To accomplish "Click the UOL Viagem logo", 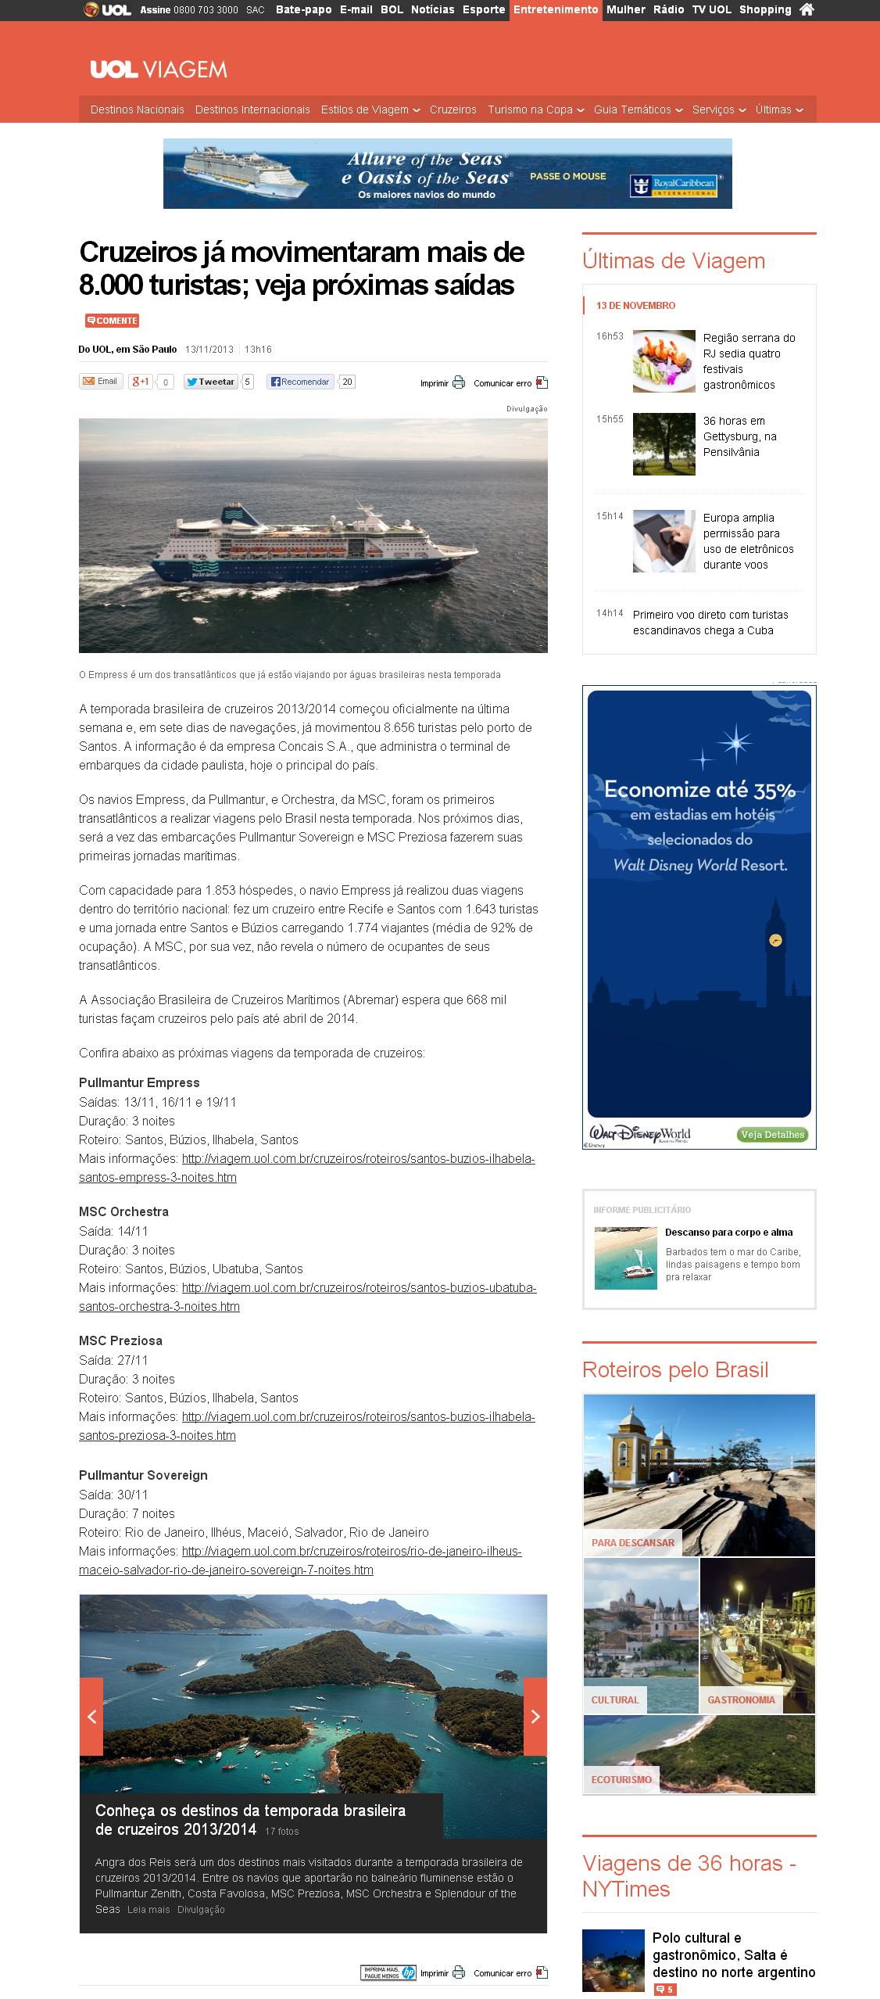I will pyautogui.click(x=159, y=70).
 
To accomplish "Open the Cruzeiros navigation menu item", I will pyautogui.click(x=453, y=109).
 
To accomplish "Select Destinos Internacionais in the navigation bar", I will pyautogui.click(x=252, y=109).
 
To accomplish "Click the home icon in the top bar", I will pyautogui.click(x=807, y=9).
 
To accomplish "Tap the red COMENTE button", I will pyautogui.click(x=113, y=321).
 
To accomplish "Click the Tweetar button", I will pyautogui.click(x=211, y=382).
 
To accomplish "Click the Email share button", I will pyautogui.click(x=100, y=382).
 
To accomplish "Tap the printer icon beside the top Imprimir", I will pyautogui.click(x=459, y=382).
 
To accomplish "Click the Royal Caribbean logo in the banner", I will pyautogui.click(x=674, y=185).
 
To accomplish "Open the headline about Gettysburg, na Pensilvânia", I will pyautogui.click(x=739, y=436).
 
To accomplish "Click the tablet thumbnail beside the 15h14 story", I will pyautogui.click(x=664, y=541).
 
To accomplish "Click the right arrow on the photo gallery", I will pyautogui.click(x=535, y=1717).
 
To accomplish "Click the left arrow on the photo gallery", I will pyautogui.click(x=91, y=1717).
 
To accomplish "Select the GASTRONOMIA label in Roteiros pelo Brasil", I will pyautogui.click(x=741, y=1700).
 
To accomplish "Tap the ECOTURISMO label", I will pyautogui.click(x=621, y=1779).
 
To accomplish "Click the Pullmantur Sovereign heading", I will pyautogui.click(x=143, y=1475).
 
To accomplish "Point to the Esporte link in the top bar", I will pyautogui.click(x=483, y=9).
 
